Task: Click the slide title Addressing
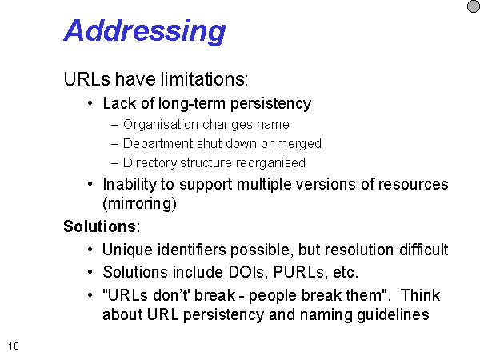click(x=145, y=31)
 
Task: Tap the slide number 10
click(x=14, y=346)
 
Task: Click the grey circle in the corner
click(x=474, y=6)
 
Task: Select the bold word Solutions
click(x=99, y=226)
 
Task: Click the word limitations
click(x=204, y=79)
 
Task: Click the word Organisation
click(x=161, y=125)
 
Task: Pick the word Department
click(x=158, y=144)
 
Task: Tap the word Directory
click(x=150, y=163)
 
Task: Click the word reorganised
click(x=270, y=163)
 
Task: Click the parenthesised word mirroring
click(x=139, y=203)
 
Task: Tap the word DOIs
click(x=248, y=272)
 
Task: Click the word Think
click(x=420, y=295)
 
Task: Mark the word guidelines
click(x=393, y=314)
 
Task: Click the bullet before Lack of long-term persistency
click(x=90, y=103)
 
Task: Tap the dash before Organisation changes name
click(x=114, y=126)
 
